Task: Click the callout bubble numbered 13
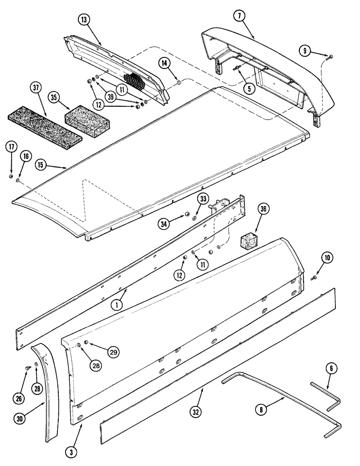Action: pyautogui.click(x=84, y=20)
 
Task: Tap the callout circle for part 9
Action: pyautogui.click(x=306, y=51)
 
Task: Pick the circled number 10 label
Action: pyautogui.click(x=326, y=258)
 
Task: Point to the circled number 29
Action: pyautogui.click(x=112, y=353)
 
